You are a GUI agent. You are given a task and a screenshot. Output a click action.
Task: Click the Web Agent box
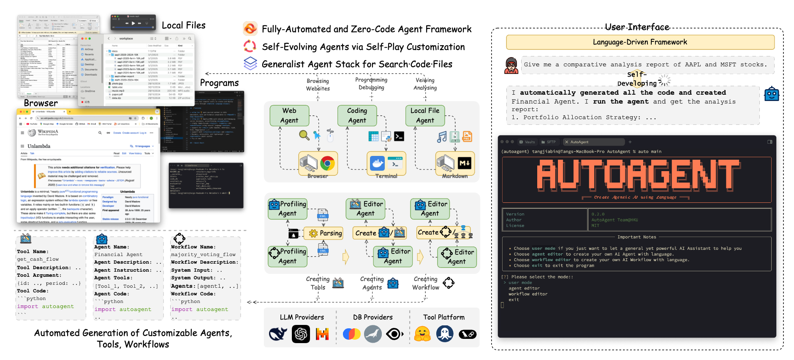[x=289, y=115]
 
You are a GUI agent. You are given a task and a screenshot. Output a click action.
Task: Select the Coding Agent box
[x=357, y=115]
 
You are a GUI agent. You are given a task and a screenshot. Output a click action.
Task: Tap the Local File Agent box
[x=425, y=115]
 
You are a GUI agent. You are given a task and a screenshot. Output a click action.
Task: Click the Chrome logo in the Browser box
[x=327, y=163]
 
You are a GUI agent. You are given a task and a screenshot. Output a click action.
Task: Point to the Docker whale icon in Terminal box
[x=377, y=163]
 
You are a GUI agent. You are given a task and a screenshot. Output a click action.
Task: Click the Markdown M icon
[x=465, y=163]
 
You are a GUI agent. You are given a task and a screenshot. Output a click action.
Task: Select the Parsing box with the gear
[x=326, y=233]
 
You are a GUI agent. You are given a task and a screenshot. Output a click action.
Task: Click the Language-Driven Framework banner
[x=640, y=42]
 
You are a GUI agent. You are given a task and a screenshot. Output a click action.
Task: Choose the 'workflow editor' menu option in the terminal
[x=528, y=294]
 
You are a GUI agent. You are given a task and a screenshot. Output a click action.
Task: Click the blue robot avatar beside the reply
[x=772, y=94]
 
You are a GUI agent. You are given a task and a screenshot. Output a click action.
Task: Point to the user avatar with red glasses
[x=511, y=65]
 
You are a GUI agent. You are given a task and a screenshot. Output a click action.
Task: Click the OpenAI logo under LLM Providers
[x=301, y=334]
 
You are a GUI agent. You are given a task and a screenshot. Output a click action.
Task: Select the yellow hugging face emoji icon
[x=422, y=334]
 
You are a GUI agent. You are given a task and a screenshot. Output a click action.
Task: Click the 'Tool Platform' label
[x=444, y=317]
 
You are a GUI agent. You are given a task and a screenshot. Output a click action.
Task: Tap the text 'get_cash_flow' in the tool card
[x=38, y=259]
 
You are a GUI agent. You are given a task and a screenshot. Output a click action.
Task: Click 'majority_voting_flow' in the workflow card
[x=203, y=254]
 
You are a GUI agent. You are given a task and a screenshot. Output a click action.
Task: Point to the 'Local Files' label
[x=184, y=25]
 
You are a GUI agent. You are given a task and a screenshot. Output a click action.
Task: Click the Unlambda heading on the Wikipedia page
[x=39, y=146]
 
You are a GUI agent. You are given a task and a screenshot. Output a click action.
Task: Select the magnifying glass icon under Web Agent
[x=304, y=135]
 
